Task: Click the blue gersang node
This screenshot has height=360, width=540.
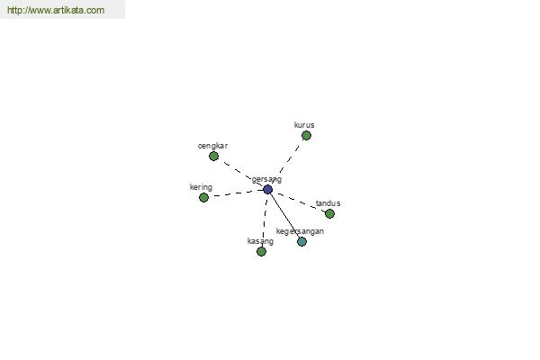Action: pos(267,190)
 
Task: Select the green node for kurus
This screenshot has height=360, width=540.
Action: pos(306,135)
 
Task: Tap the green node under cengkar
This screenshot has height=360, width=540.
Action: pos(213,156)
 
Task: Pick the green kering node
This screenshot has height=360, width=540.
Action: pos(203,197)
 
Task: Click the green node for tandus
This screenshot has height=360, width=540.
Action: pos(329,214)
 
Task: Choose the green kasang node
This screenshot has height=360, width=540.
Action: pos(261,251)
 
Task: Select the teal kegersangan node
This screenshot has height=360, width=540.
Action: pos(301,241)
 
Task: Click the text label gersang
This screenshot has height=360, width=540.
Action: pos(266,179)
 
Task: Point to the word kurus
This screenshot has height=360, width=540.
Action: pos(304,125)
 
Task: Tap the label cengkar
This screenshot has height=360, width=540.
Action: pos(212,146)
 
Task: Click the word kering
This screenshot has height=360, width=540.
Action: pos(201,187)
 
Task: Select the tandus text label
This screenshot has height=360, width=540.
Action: pos(328,203)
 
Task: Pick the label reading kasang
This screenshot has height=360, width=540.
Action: pos(260,241)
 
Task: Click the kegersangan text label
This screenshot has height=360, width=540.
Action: pos(300,231)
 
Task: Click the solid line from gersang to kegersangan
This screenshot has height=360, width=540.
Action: pos(284,216)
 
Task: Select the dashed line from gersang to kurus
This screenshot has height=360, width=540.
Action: pos(289,160)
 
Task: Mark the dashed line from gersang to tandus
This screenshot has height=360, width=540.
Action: pos(299,202)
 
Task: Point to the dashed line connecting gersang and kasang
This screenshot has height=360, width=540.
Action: pos(265,220)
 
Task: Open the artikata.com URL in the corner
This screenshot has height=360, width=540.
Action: pos(56,10)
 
